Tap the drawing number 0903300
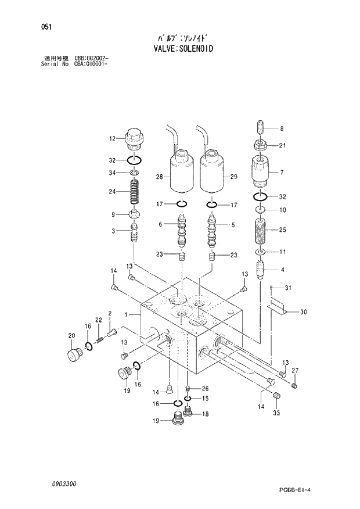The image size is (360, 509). click(x=63, y=483)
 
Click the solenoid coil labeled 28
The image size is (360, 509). click(x=181, y=172)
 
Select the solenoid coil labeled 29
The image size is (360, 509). click(x=213, y=172)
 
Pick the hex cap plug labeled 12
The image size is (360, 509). click(x=135, y=138)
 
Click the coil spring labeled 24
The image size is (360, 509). click(x=135, y=193)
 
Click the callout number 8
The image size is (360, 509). click(x=282, y=128)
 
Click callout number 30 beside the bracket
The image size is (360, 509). click(x=303, y=312)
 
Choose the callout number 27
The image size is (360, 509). click(x=295, y=371)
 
